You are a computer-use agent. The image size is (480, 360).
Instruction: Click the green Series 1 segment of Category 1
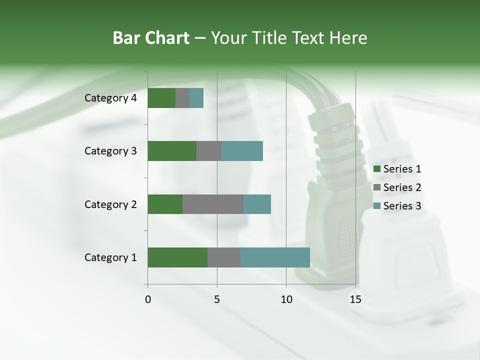click(x=177, y=257)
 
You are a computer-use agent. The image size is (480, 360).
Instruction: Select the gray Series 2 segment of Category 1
click(x=224, y=257)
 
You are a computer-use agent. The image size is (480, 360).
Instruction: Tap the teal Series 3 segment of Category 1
click(x=275, y=257)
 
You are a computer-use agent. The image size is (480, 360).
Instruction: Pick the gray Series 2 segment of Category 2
click(x=213, y=204)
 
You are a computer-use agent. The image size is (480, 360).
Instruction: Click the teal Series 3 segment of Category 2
click(x=257, y=204)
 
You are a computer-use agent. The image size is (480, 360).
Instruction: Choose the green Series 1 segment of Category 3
click(x=172, y=151)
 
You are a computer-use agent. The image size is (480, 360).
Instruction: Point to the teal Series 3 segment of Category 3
click(x=242, y=151)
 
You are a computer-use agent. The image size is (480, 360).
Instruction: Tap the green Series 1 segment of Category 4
click(x=161, y=98)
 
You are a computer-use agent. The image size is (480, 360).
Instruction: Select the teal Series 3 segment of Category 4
click(x=196, y=98)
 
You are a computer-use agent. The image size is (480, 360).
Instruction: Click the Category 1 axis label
click(x=110, y=257)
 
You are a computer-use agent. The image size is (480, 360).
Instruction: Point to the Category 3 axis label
click(x=110, y=151)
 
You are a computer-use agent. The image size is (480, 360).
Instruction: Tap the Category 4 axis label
click(x=110, y=98)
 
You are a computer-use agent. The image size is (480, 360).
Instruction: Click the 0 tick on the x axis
click(x=148, y=299)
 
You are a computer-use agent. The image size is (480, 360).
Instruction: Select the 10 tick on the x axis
click(x=286, y=299)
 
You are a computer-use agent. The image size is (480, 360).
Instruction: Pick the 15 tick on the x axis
click(x=355, y=299)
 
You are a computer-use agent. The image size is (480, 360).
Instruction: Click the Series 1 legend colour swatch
click(x=376, y=169)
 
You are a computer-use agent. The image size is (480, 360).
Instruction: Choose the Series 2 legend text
click(x=402, y=187)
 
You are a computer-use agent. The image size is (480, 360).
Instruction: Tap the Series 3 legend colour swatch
click(x=376, y=206)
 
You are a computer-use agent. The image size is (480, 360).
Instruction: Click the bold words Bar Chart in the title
click(x=151, y=38)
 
